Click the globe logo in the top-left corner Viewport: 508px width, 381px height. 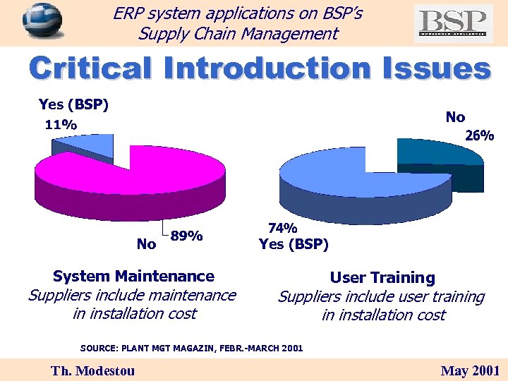[42, 20]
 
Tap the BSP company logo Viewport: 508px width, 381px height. [453, 23]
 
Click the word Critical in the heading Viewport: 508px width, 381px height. [92, 69]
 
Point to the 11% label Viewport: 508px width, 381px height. [61, 125]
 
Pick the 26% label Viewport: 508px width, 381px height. [479, 136]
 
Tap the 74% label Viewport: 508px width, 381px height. [283, 228]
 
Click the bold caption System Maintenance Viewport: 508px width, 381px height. [133, 276]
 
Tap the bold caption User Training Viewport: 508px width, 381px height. [382, 278]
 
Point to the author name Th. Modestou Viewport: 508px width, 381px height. [93, 370]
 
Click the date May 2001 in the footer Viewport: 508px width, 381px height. [470, 370]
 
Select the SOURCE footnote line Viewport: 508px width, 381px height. [192, 348]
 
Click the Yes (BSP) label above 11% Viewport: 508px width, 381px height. [73, 105]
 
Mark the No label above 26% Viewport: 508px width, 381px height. [455, 117]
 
